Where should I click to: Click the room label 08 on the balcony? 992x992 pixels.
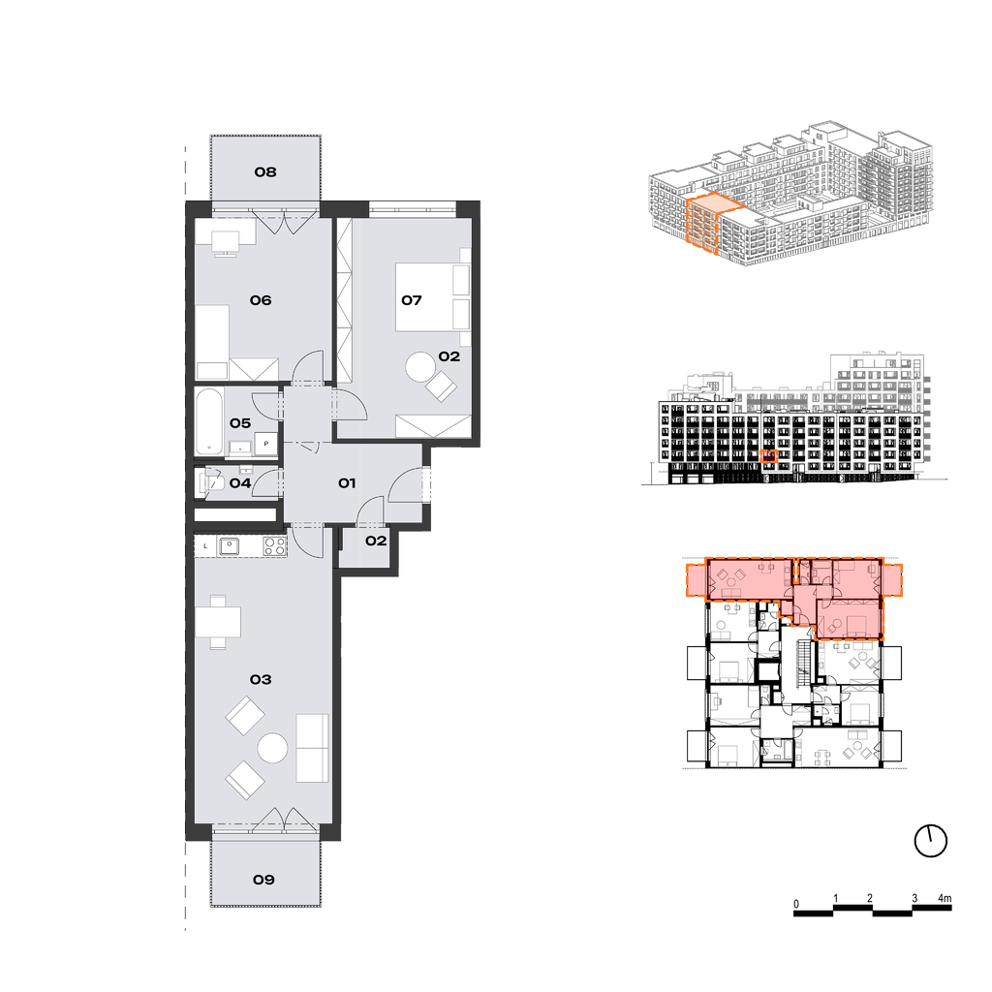tap(265, 172)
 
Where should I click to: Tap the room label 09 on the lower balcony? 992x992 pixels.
tap(263, 880)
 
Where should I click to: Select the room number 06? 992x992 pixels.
tap(261, 300)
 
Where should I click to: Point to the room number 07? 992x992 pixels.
tap(411, 300)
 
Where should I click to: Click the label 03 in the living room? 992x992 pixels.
tap(261, 679)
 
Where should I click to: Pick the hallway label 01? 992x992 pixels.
tap(347, 483)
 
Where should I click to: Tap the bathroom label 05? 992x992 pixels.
tap(240, 422)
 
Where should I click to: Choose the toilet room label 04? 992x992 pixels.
tap(240, 483)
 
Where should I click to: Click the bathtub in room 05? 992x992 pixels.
tap(209, 421)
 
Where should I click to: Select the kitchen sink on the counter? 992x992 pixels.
tap(229, 545)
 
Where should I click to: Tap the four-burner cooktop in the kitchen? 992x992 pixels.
tap(274, 546)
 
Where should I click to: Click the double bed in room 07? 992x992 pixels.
tap(433, 296)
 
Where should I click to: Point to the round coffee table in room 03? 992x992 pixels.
tap(273, 748)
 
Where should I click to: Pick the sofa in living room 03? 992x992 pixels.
tap(313, 748)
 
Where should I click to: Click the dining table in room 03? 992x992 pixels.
tap(218, 622)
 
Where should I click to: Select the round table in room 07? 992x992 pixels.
tap(420, 367)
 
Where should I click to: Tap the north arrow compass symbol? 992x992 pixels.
tap(931, 842)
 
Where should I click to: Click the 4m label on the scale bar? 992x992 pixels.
tap(945, 898)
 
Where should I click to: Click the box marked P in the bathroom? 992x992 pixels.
tap(265, 444)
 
